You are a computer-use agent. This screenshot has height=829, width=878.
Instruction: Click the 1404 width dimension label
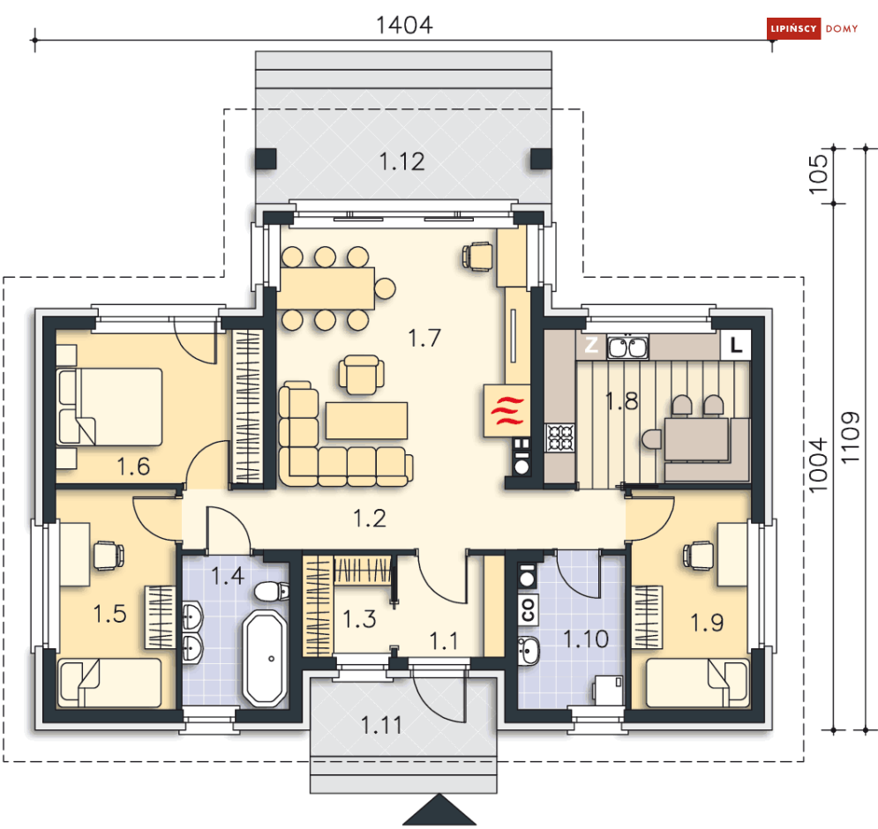tap(404, 26)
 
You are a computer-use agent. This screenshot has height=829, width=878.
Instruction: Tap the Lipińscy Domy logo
tap(813, 28)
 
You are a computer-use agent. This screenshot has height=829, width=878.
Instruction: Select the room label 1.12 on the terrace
tap(402, 161)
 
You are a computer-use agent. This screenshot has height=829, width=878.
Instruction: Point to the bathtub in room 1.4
tap(266, 658)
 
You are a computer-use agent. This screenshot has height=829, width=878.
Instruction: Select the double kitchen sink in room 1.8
tap(627, 347)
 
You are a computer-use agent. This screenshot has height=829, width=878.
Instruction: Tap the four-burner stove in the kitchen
tap(560, 437)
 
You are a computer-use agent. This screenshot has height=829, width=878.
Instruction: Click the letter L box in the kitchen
tap(736, 344)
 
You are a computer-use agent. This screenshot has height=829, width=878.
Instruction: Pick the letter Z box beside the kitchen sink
tap(591, 345)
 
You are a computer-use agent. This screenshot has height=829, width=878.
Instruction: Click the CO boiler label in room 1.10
tap(528, 609)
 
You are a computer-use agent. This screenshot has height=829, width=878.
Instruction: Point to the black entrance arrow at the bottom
tap(439, 810)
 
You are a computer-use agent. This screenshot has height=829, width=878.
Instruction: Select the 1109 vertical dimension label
tap(850, 437)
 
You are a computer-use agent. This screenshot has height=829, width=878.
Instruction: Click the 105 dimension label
tap(818, 174)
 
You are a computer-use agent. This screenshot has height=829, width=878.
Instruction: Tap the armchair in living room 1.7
tap(361, 375)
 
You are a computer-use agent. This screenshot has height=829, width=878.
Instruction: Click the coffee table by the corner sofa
tap(367, 421)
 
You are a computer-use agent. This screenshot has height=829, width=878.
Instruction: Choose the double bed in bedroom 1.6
tap(109, 407)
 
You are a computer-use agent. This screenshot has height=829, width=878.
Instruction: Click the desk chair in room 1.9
tap(698, 556)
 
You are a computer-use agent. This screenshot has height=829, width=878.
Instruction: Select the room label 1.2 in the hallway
tap(370, 519)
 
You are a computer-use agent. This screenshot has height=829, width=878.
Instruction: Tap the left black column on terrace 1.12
tap(266, 159)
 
